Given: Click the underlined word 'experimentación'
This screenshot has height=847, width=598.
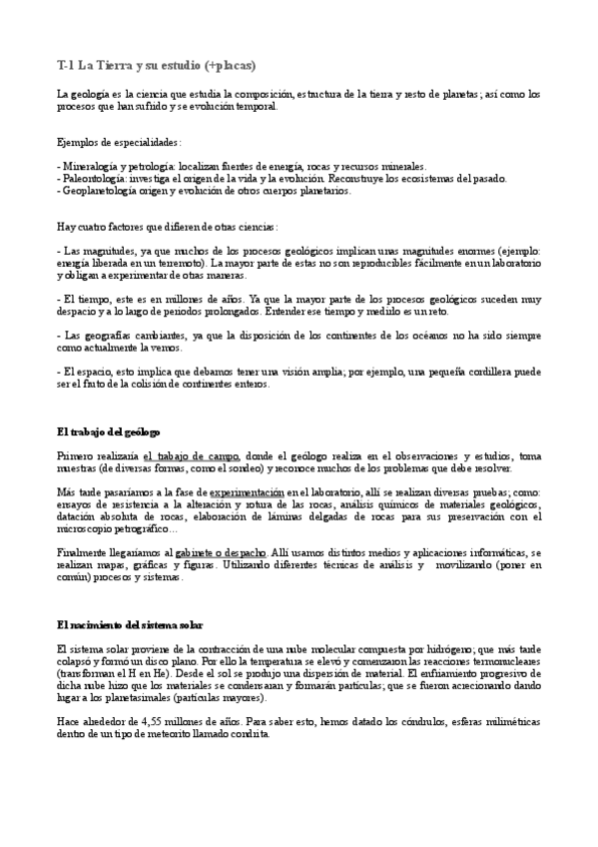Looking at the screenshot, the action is pos(247,492).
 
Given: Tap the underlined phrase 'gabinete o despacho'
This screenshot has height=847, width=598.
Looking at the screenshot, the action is pos(221,552).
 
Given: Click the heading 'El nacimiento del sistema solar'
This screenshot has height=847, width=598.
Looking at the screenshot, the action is pos(130,624).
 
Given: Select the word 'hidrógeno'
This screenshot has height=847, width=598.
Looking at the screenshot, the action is pos(455,649).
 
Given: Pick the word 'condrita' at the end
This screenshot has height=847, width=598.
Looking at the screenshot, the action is pos(250,733).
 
